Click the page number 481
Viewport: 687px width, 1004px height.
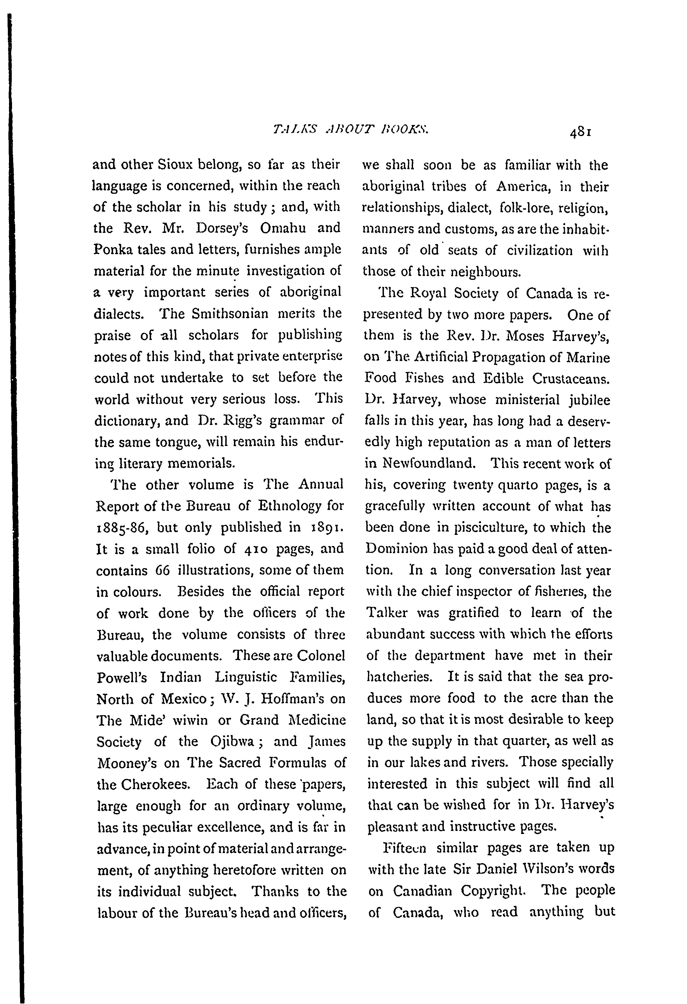tap(580, 133)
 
